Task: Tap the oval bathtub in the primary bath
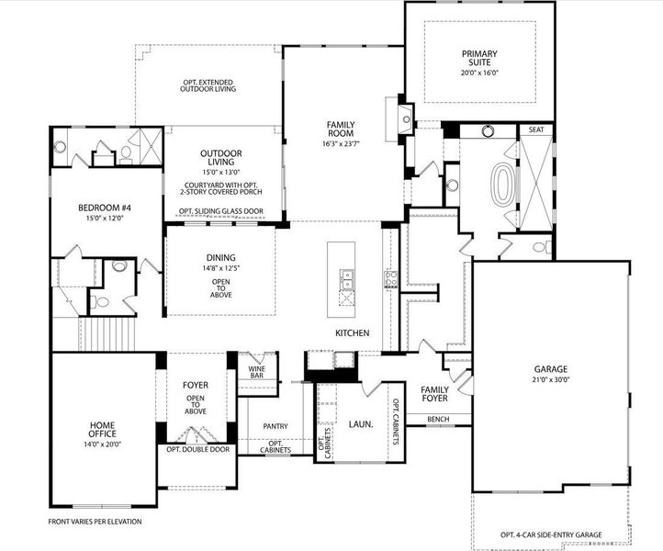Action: pos(504,184)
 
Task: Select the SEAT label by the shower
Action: pos(536,130)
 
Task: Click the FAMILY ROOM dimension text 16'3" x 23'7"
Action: pos(341,143)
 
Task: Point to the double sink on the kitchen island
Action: pos(348,285)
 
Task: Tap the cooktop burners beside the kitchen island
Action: pos(390,279)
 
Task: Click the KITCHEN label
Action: pos(352,332)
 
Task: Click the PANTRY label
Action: pos(275,426)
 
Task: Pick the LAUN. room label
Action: pos(359,424)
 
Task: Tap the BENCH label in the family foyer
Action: pos(438,420)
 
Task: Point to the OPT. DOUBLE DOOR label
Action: pos(197,450)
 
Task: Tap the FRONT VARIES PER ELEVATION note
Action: pos(95,522)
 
